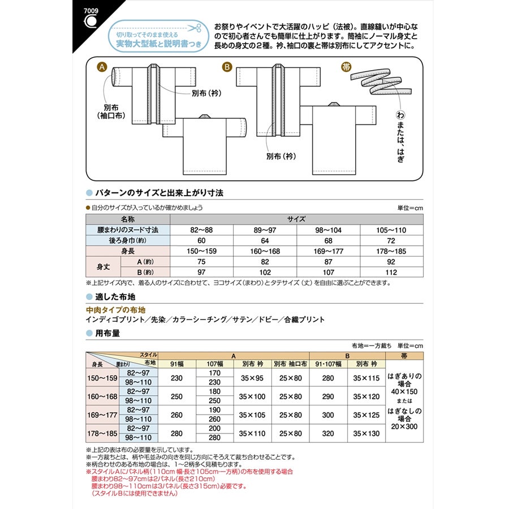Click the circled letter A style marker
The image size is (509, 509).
[x=102, y=67]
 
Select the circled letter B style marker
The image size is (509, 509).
[x=227, y=67]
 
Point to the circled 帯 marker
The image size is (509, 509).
[x=346, y=67]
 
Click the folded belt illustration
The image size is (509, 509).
[x=377, y=84]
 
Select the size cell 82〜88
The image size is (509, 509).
[x=202, y=230]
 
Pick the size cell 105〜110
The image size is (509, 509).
[x=391, y=230]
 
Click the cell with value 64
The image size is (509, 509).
[x=265, y=240]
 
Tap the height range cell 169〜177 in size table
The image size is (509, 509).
[x=328, y=251]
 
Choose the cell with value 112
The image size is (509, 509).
[x=391, y=271]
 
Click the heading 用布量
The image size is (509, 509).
[x=107, y=333]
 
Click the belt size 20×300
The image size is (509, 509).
[x=403, y=426]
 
